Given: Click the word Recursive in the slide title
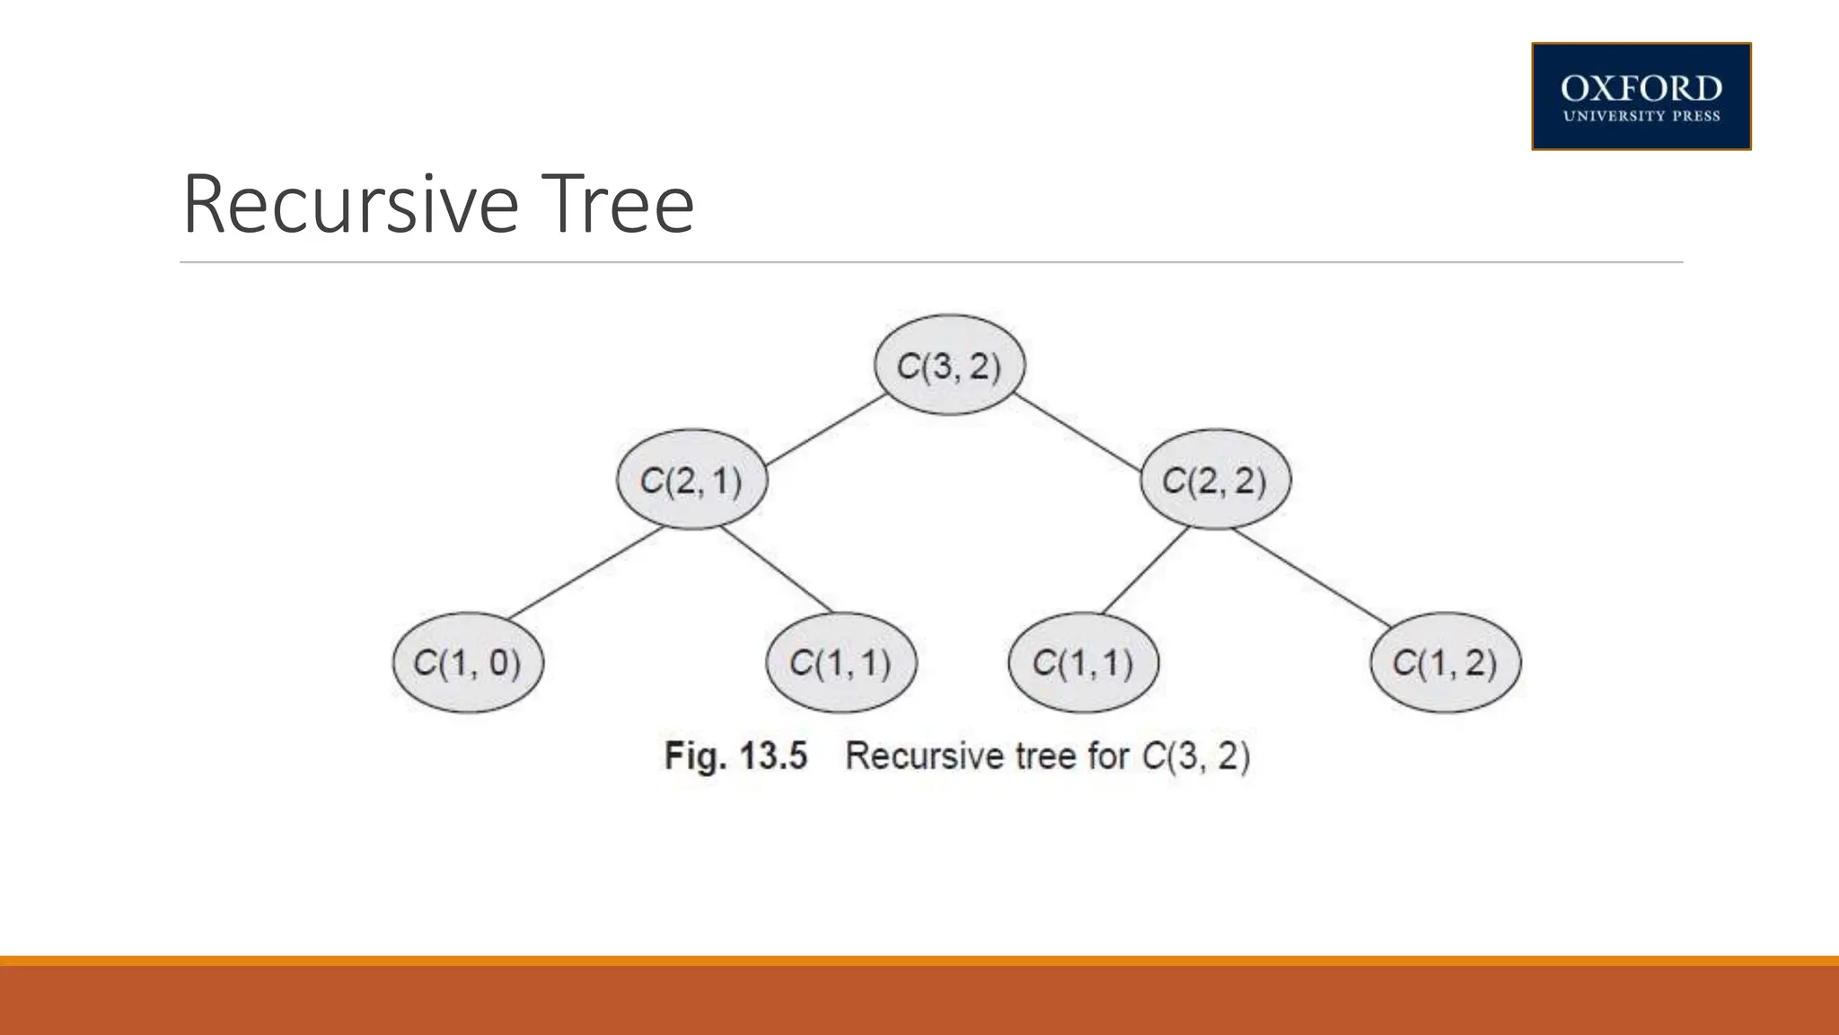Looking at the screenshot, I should click(350, 205).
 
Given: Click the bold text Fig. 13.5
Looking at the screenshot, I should click(735, 756).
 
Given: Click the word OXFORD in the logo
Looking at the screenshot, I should click(1641, 89).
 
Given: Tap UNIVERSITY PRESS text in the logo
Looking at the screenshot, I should click(1641, 116).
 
